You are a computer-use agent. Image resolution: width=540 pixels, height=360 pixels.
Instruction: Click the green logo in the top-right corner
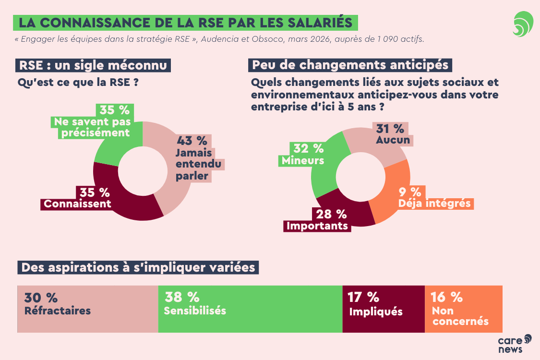[x=522, y=24]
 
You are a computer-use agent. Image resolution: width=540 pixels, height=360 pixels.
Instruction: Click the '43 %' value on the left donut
[x=192, y=141]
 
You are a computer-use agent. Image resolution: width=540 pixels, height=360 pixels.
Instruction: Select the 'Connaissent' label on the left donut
[x=77, y=204]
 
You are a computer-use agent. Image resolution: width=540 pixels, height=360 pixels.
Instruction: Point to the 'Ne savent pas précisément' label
[x=92, y=127]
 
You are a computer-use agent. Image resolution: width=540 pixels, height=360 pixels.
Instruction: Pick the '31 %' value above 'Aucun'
[x=390, y=128]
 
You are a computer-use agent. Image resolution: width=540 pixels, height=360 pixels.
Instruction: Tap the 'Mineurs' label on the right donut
[x=303, y=160]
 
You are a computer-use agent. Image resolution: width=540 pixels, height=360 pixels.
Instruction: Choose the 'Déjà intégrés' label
[x=435, y=203]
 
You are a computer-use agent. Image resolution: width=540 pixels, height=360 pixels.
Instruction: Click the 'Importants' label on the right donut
[x=317, y=226]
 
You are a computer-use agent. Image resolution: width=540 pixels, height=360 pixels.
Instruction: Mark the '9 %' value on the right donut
[x=410, y=192]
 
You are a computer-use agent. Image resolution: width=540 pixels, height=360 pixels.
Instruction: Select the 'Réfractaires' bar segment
[x=88, y=309]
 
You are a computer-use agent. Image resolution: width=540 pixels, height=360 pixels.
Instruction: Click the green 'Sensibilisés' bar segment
[x=250, y=309]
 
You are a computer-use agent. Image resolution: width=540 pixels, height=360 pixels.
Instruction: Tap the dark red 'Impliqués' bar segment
[x=384, y=309]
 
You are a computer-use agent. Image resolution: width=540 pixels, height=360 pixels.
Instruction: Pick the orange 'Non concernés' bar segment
[x=463, y=309]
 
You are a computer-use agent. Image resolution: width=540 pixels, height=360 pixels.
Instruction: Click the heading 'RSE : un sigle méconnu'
[x=94, y=65]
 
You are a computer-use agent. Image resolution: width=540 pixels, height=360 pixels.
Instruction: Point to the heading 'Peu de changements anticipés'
[x=350, y=64]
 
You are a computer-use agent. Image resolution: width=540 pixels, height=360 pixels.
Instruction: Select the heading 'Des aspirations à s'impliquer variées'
[x=138, y=267]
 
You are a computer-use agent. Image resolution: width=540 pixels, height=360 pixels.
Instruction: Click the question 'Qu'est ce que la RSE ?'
[x=78, y=82]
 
